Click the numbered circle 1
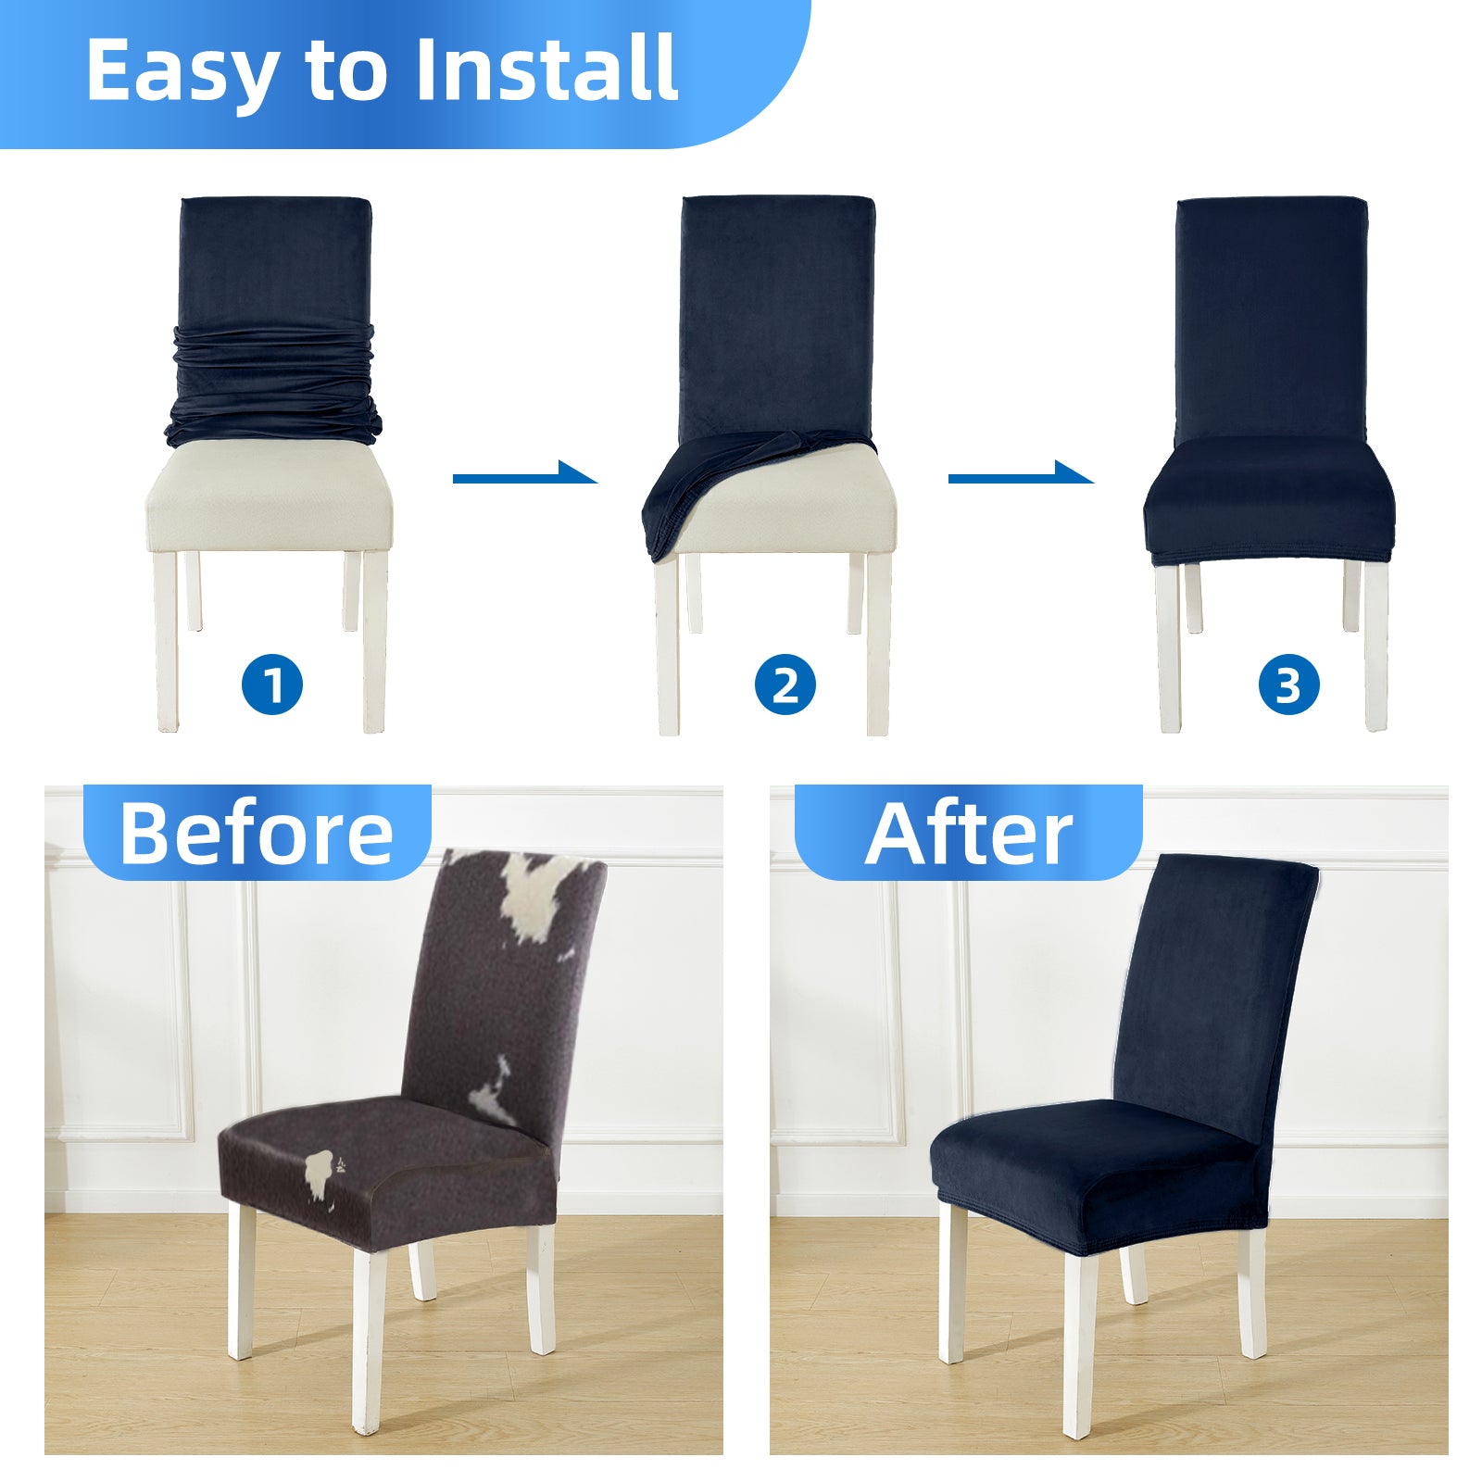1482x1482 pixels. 272,685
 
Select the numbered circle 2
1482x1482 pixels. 785,685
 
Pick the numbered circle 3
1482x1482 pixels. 1288,685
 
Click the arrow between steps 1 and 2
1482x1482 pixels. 524,475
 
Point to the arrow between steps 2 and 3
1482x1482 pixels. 1021,475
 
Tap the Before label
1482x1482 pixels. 257,833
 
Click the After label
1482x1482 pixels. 969,833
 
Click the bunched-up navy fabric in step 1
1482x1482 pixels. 273,384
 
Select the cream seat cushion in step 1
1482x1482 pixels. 270,496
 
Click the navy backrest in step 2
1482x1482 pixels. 777,315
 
